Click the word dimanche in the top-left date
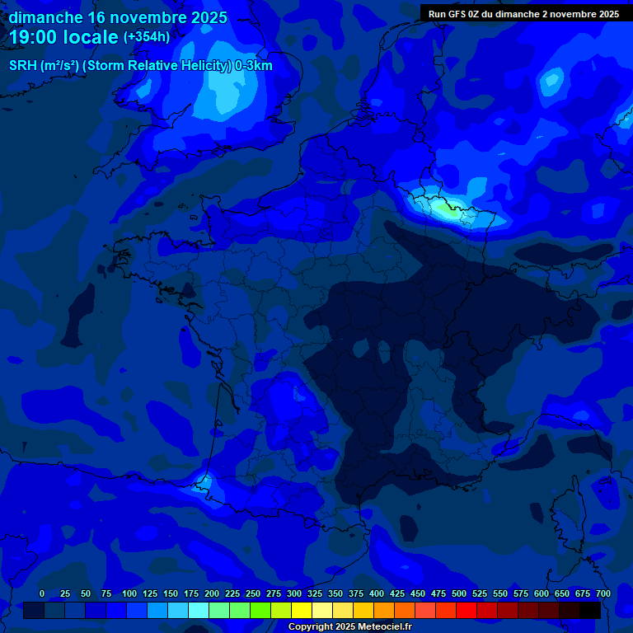45,17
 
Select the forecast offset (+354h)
147,37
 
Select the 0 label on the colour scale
42,593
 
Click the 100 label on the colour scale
129,593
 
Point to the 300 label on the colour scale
294,593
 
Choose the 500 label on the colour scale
459,593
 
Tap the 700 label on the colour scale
603,593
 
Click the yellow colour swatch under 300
302,610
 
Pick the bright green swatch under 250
260,610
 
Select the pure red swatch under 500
467,610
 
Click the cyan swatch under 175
199,610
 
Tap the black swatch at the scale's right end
590,610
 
